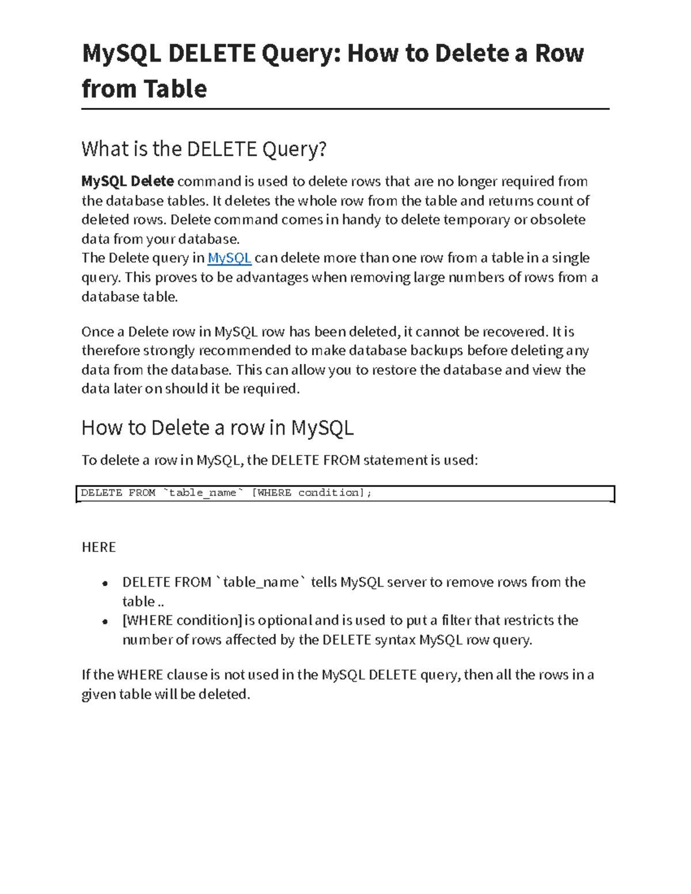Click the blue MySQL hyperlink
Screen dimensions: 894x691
click(x=229, y=258)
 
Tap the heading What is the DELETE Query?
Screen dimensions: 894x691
click(x=204, y=149)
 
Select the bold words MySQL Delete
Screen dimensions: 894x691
click(x=128, y=181)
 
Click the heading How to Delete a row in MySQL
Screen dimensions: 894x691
click(x=217, y=428)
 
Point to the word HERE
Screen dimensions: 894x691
click(x=98, y=547)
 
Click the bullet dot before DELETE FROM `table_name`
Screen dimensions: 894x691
click(x=105, y=583)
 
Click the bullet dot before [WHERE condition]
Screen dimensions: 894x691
click(x=105, y=621)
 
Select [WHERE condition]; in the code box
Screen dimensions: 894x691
click(x=312, y=493)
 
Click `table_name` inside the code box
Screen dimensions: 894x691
click(x=203, y=493)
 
